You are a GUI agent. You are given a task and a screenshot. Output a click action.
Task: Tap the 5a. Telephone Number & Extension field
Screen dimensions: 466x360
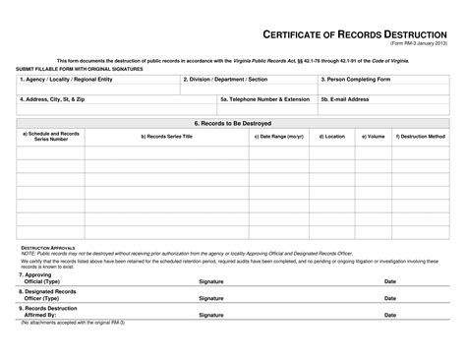pos(264,98)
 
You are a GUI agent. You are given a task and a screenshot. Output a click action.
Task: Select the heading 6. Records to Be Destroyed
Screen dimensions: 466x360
pos(232,123)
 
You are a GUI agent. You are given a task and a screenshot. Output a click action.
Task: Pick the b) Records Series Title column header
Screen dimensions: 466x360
pos(167,136)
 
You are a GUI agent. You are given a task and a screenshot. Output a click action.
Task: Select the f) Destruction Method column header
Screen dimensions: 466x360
pos(421,136)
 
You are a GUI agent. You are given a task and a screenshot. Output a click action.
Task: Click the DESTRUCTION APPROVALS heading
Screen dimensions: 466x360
pos(49,248)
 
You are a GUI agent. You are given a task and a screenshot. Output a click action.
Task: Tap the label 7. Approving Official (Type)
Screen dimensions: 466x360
pos(42,278)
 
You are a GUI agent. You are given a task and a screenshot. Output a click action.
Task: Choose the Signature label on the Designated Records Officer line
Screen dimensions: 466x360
pos(211,296)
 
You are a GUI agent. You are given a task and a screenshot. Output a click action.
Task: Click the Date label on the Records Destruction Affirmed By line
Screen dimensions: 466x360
pos(390,315)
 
